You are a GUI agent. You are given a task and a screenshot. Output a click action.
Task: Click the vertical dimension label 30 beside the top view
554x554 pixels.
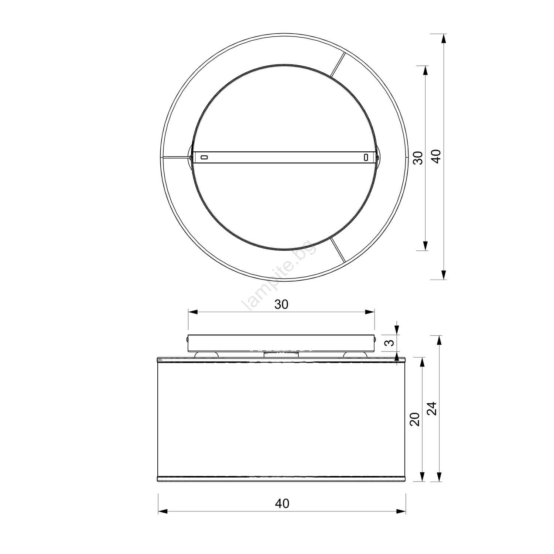coord(417,158)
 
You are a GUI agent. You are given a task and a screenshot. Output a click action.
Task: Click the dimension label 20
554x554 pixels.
coord(415,419)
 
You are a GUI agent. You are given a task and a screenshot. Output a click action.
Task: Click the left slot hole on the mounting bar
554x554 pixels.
coord(204,158)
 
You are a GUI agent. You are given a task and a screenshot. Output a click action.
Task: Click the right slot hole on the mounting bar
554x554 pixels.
coord(366,158)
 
